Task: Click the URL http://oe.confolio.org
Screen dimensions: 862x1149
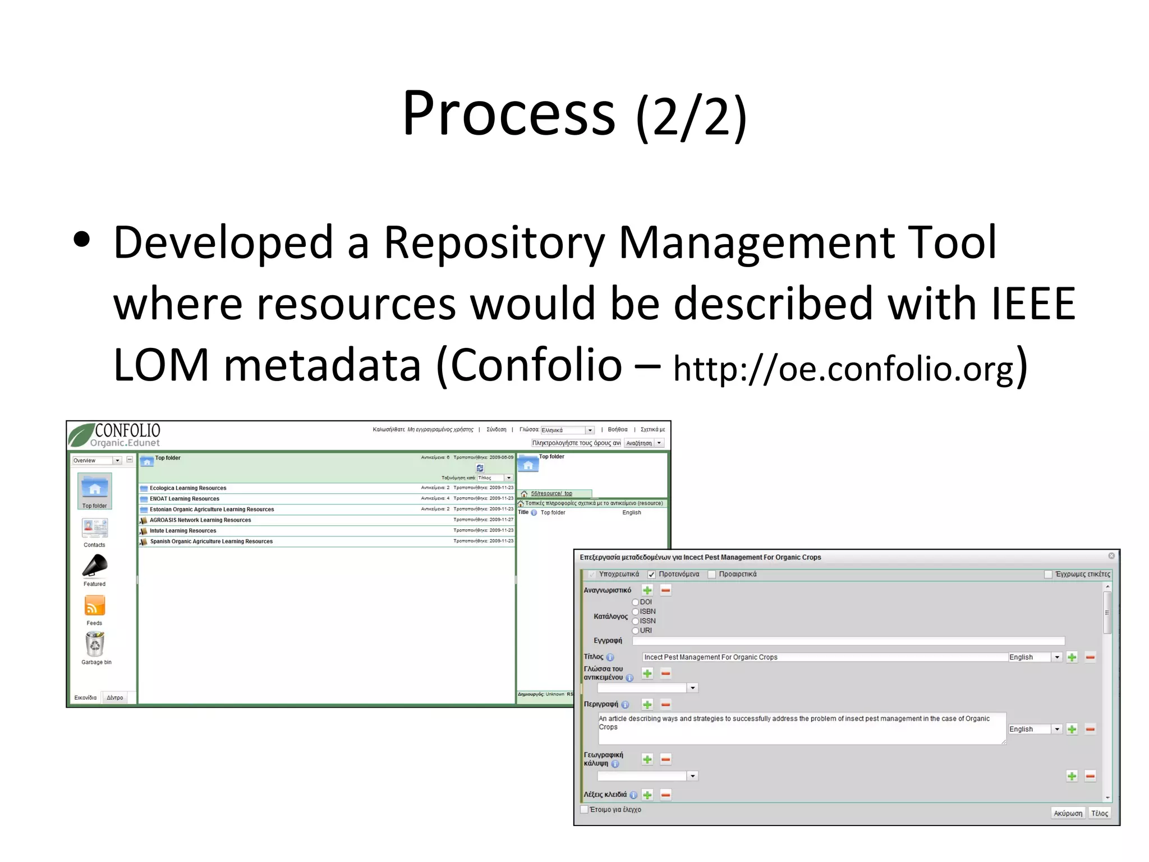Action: point(844,369)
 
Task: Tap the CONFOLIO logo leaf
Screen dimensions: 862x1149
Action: point(81,435)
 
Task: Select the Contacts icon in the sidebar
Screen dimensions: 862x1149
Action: point(95,528)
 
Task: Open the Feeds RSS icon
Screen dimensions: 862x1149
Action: point(95,606)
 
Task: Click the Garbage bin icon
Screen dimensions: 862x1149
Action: point(95,644)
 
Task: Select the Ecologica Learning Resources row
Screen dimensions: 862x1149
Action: point(188,488)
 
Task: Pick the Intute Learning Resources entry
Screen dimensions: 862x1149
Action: point(183,531)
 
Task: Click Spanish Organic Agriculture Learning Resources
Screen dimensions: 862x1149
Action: point(211,542)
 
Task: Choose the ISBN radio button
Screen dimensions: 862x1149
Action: point(636,612)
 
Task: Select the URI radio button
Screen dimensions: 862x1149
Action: point(636,631)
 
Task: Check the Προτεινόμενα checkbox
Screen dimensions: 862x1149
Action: point(651,574)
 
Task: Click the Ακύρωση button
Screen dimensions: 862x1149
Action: point(1068,813)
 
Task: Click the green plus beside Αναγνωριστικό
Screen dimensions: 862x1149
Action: point(647,590)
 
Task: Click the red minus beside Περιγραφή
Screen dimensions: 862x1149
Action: point(666,704)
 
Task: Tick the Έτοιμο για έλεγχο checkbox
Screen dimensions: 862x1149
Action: point(584,809)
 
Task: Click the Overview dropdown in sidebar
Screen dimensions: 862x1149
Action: point(96,460)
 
